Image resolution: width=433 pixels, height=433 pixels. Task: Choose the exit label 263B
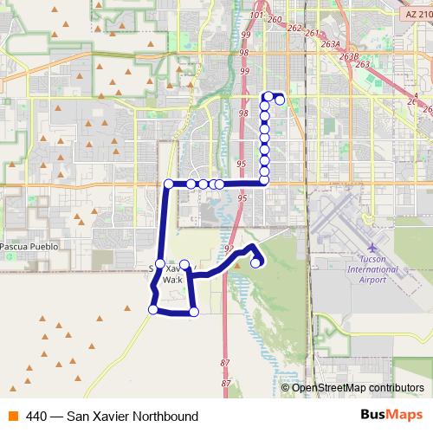pos(349,56)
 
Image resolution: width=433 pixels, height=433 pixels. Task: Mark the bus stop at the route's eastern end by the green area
pos(256,263)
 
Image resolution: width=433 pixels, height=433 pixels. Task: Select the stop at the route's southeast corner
pos(193,311)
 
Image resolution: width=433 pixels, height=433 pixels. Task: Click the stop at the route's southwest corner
pos(153,309)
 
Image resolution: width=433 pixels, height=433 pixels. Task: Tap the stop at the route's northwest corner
pos(168,184)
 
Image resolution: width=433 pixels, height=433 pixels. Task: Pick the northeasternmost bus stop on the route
pos(279,100)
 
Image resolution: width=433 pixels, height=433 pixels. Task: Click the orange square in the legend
pos(12,416)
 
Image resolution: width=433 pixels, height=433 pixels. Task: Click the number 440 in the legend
pos(36,416)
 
